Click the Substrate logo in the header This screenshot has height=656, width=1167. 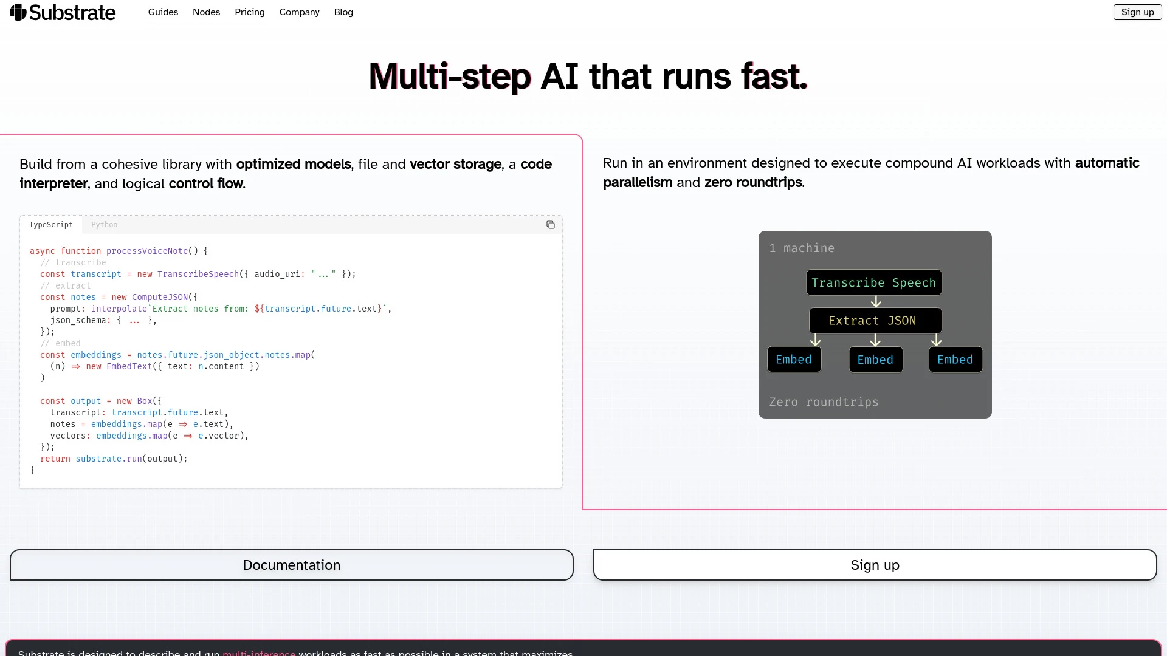pos(63,12)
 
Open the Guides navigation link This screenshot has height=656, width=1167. pos(163,12)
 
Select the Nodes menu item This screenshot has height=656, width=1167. pos(206,12)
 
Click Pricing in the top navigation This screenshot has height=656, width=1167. pos(250,12)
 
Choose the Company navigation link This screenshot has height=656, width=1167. pos(299,12)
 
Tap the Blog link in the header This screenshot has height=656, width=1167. pos(343,12)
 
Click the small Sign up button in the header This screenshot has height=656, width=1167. pos(1137,12)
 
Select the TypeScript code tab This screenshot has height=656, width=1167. pos(51,225)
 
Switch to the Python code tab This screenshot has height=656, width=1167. pos(105,225)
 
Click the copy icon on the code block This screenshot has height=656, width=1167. pos(551,225)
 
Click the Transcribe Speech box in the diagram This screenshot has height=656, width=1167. pos(873,282)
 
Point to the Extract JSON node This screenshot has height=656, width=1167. pos(875,321)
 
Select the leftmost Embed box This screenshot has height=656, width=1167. pos(794,360)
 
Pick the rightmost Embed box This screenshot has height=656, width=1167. pos(955,360)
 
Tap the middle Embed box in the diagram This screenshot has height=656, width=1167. pos(875,360)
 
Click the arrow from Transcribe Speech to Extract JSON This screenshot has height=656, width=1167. pos(875,302)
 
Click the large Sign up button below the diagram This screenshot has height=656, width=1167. pos(875,565)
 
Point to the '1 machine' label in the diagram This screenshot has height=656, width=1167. pos(802,248)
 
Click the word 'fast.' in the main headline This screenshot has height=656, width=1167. pos(774,77)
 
